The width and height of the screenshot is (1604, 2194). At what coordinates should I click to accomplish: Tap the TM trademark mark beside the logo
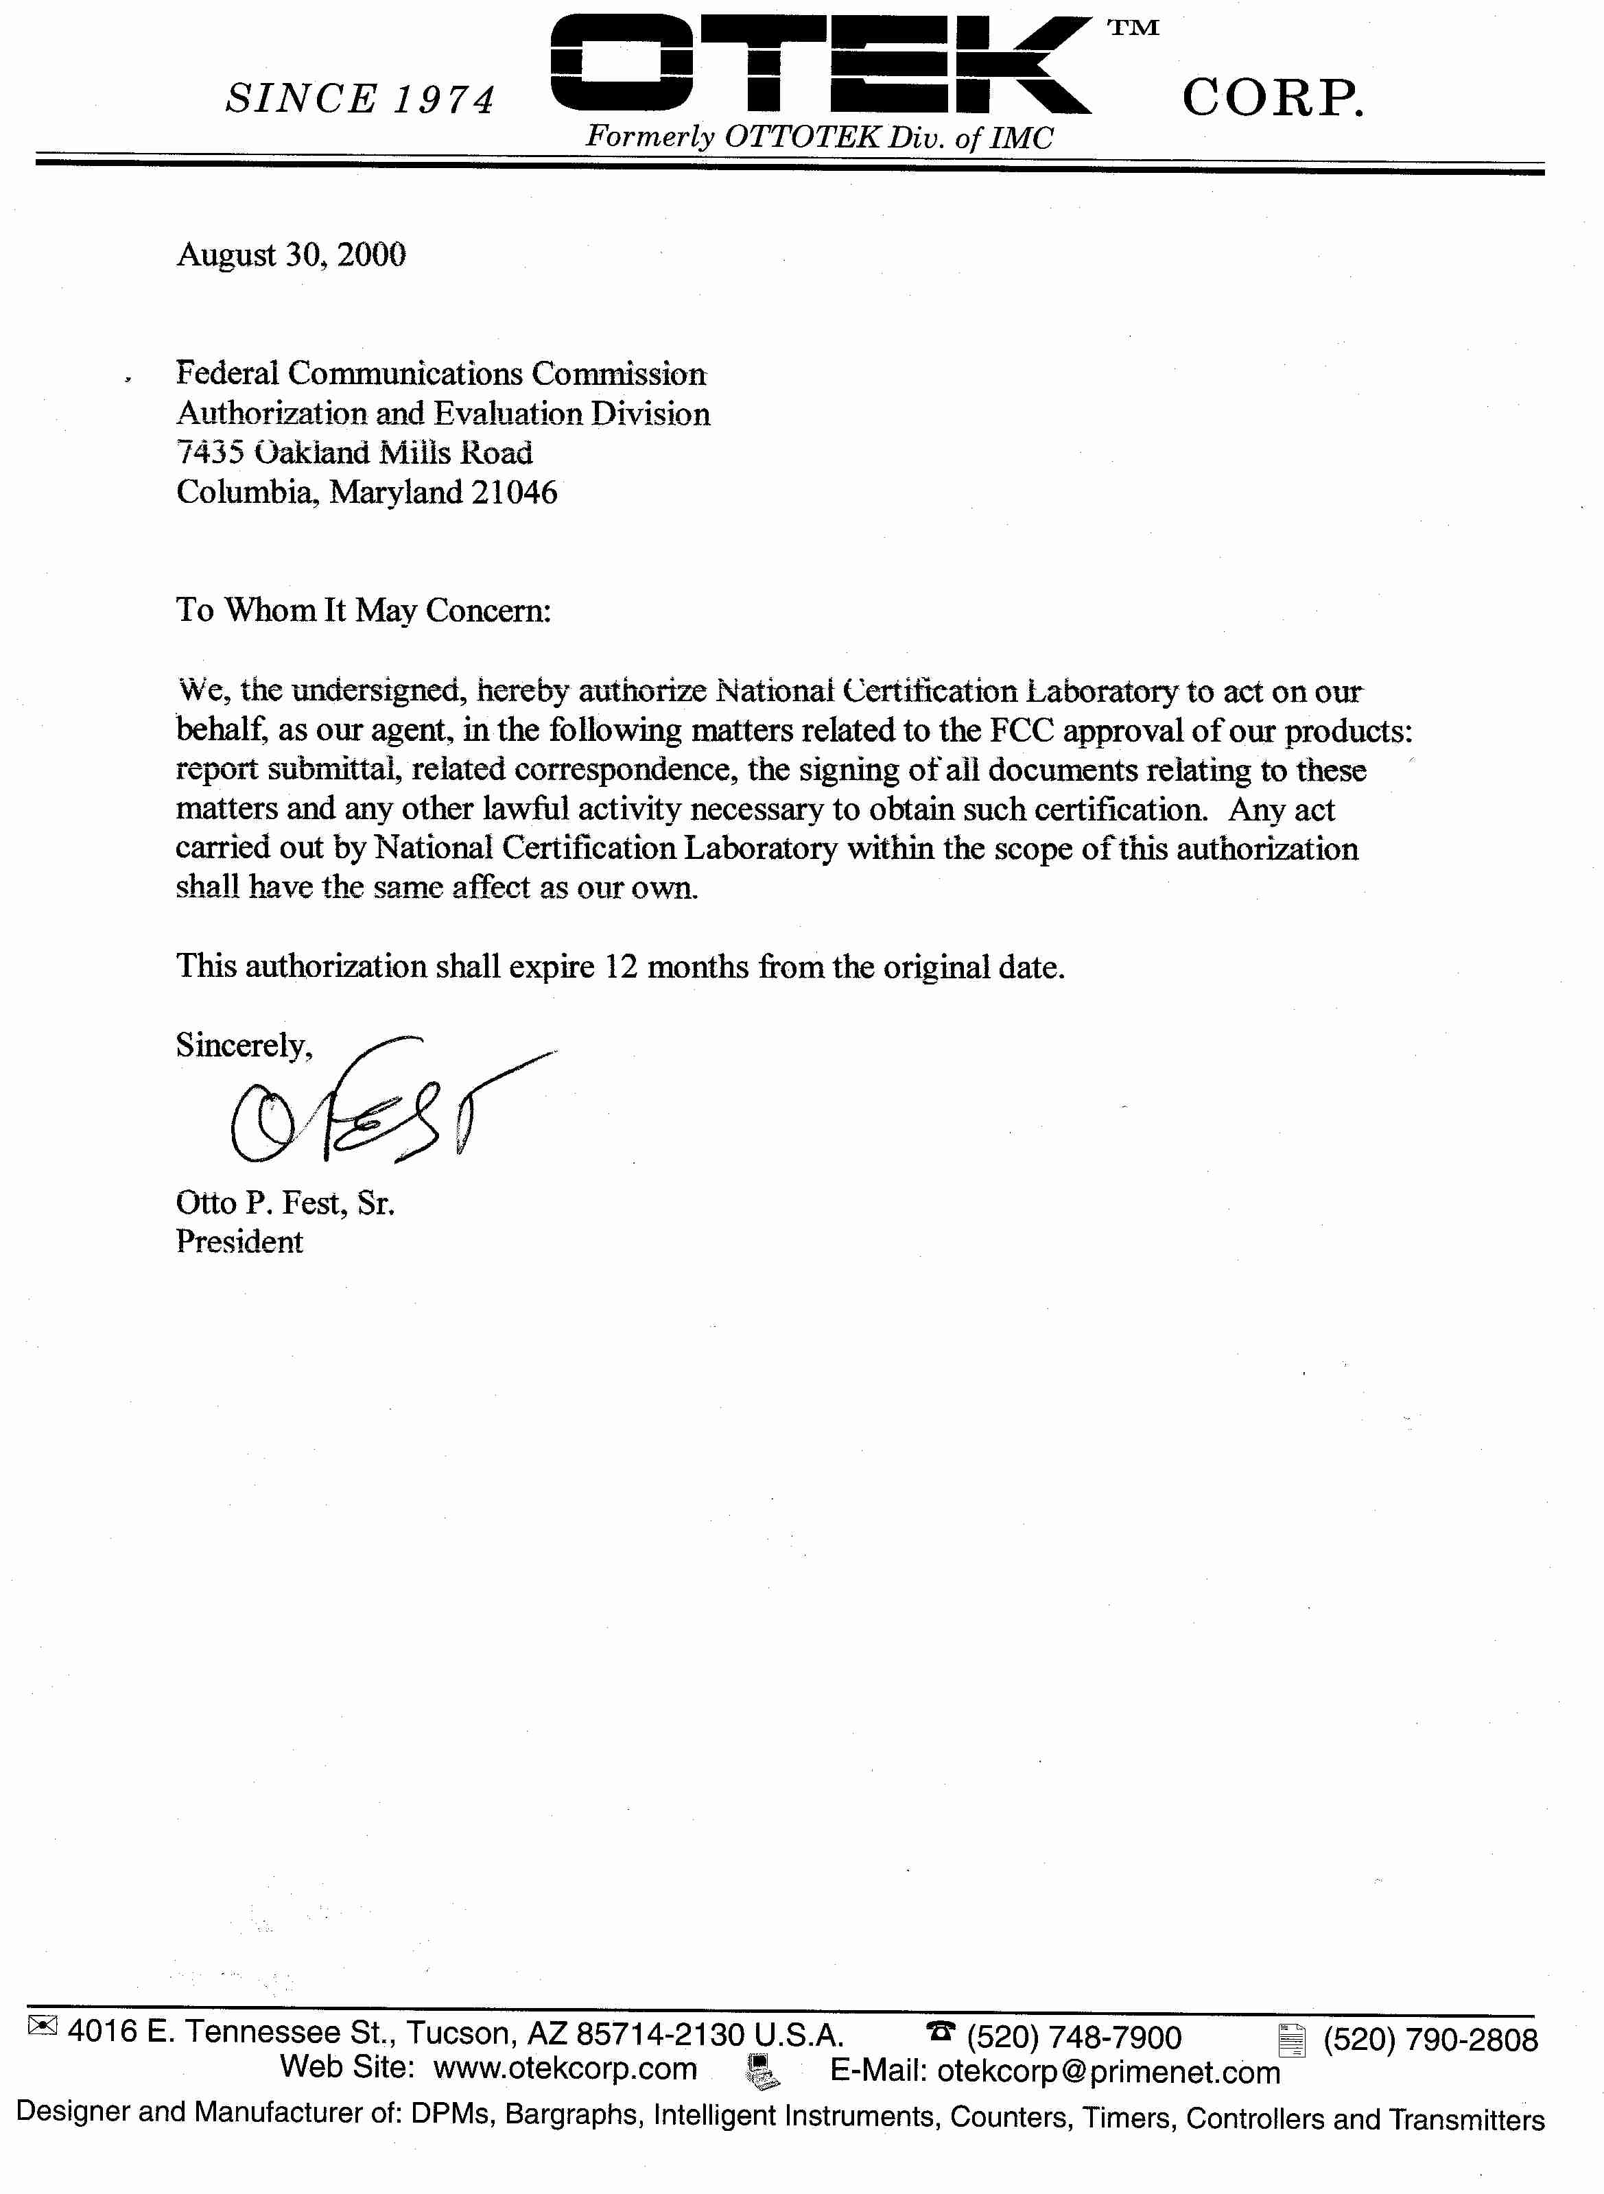[1133, 28]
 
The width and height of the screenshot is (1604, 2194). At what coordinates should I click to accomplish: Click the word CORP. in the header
[1273, 98]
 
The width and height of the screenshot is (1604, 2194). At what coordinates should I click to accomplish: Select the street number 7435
[209, 452]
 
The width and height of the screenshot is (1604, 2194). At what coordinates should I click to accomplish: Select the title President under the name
[239, 1242]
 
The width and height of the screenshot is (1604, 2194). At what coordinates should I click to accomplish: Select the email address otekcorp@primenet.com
[1108, 2073]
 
